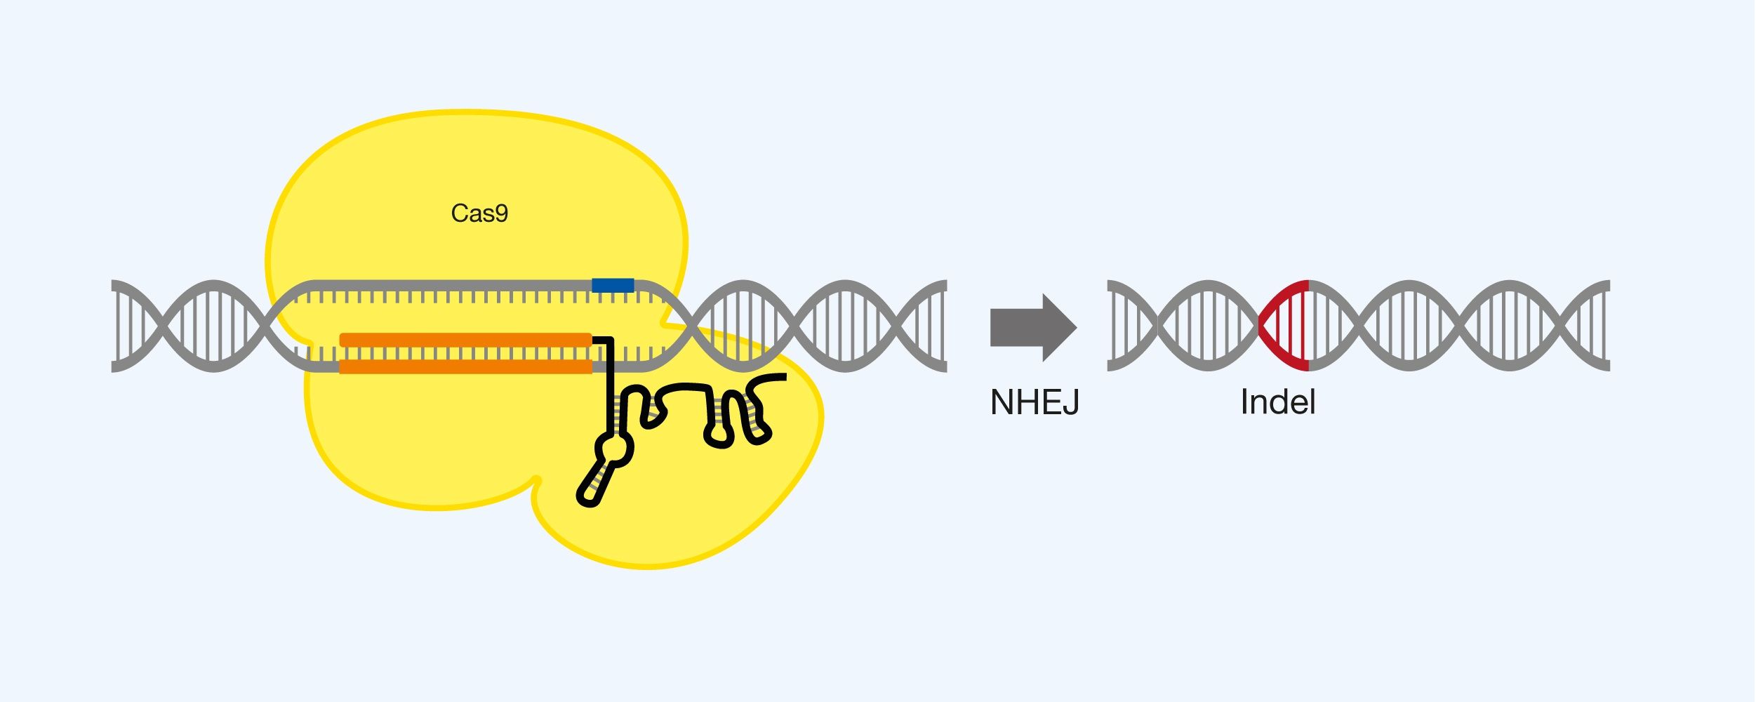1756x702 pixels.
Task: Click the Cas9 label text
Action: [479, 213]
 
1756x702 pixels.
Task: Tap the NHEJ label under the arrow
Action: [1035, 403]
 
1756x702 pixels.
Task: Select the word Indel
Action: [1278, 403]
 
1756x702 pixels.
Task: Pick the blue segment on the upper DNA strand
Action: [613, 286]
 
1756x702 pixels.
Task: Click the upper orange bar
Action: [465, 340]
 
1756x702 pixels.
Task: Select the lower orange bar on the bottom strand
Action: [465, 366]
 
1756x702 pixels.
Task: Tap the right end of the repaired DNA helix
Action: [1607, 326]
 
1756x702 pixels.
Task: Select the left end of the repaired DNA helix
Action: [1110, 326]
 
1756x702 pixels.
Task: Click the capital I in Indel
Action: [1244, 403]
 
